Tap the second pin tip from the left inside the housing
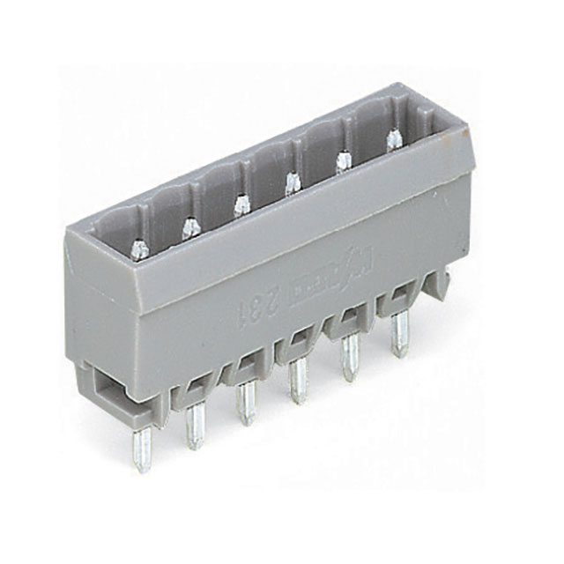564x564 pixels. [189, 228]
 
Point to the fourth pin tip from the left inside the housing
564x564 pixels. [292, 182]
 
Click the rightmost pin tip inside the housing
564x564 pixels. [391, 137]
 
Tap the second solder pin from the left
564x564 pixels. [195, 427]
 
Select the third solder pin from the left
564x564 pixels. [246, 404]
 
